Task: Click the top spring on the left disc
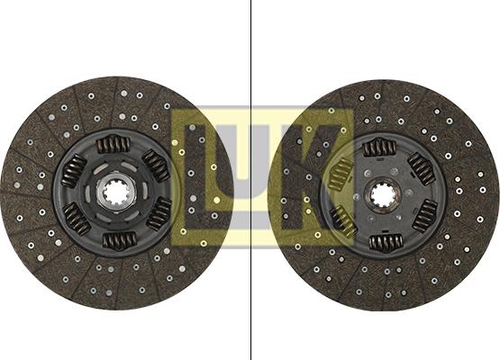(x=113, y=144)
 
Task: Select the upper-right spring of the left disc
(x=156, y=166)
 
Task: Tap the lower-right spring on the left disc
(x=159, y=214)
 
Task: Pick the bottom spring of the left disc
(x=120, y=240)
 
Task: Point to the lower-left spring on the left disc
(x=77, y=219)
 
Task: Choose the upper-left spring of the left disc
(x=74, y=171)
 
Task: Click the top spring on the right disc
(x=379, y=148)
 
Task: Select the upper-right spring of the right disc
(x=422, y=169)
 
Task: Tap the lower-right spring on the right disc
(x=425, y=216)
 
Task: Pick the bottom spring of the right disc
(x=386, y=243)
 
